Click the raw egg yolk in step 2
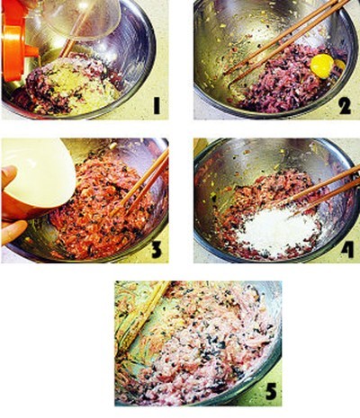(x=322, y=67)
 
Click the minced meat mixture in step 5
(x=198, y=344)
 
